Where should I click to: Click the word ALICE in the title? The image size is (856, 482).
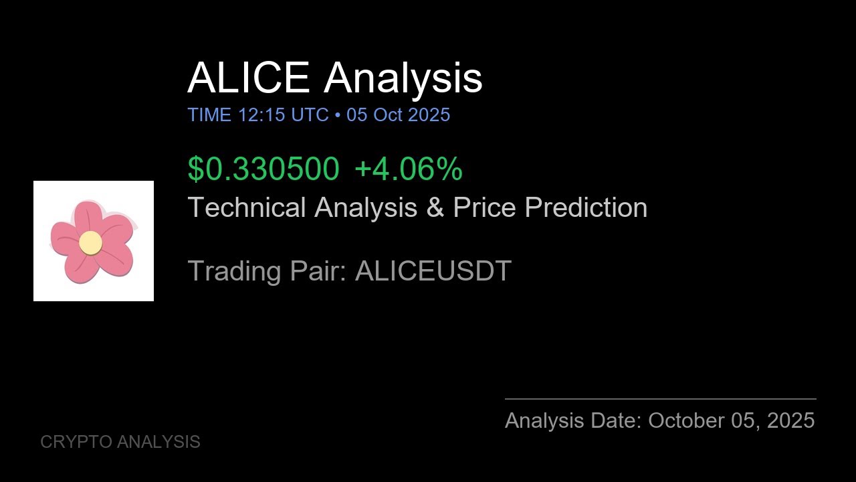(248, 78)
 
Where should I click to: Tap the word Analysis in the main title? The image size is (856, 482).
(403, 78)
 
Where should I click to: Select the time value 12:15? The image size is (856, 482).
(261, 115)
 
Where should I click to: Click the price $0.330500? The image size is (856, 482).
(263, 169)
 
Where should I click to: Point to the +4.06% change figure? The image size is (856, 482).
(408, 169)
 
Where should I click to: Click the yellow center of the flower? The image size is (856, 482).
(90, 242)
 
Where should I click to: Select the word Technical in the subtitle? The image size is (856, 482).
(247, 208)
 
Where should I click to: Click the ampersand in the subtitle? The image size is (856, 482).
(435, 208)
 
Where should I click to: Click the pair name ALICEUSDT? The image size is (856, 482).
(433, 271)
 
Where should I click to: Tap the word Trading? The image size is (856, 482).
(234, 271)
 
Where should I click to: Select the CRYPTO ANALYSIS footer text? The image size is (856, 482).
(120, 442)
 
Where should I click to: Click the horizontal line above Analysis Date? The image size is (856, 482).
(660, 399)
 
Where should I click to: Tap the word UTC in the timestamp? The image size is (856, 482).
(310, 115)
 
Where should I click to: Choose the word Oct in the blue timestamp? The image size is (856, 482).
(388, 115)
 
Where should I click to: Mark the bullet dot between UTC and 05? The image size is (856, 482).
(338, 116)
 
